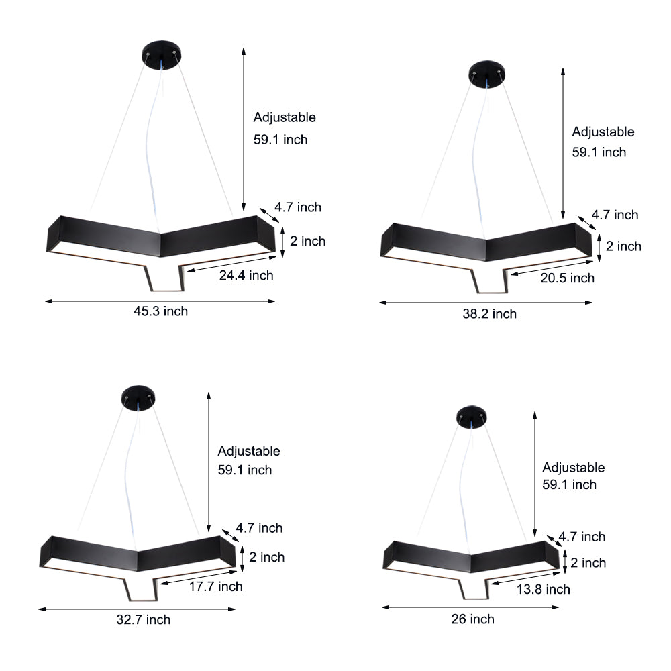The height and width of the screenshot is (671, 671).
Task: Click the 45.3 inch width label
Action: pos(160,311)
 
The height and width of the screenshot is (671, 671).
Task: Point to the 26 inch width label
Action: pos(472,619)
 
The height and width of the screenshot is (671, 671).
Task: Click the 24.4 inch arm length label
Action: pos(246,275)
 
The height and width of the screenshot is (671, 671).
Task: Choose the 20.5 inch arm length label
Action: pos(566,278)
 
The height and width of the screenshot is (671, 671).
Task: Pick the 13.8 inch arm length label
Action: pos(543,589)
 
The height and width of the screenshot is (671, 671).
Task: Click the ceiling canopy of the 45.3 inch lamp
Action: pos(162,53)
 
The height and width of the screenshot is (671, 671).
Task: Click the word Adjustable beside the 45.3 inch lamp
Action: pos(285,117)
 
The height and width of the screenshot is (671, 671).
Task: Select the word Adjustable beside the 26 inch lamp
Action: pos(574,468)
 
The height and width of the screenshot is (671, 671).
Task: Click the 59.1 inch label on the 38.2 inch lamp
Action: pos(599,152)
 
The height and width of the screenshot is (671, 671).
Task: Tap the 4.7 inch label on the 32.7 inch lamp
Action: pos(260,528)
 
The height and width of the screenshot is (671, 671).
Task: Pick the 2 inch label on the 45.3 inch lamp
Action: pos(307,241)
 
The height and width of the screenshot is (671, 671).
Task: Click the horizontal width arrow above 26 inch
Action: pos(470,607)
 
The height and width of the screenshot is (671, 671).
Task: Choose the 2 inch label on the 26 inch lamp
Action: pos(588,563)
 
